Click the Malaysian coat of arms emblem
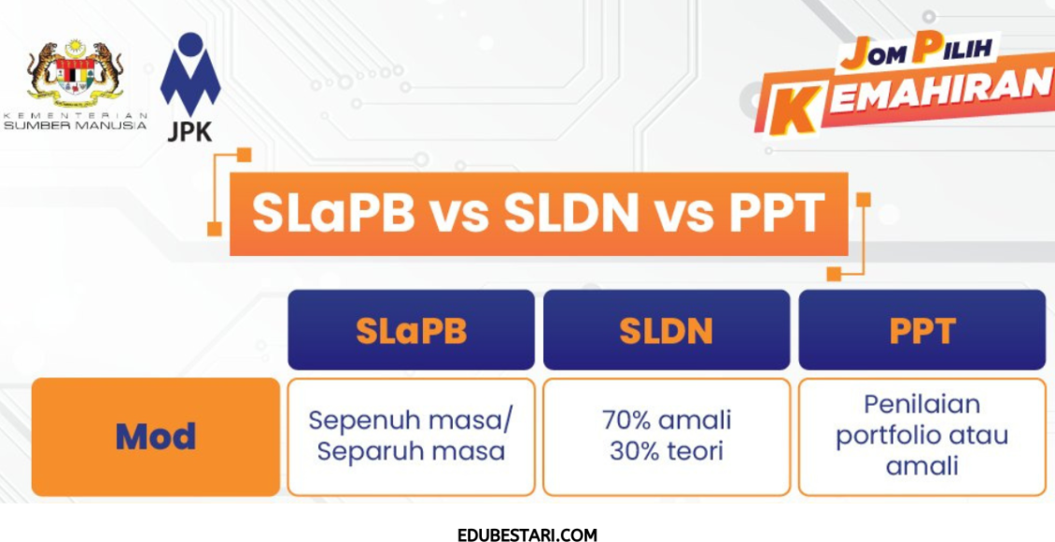pyautogui.click(x=76, y=72)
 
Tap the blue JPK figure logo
pyautogui.click(x=190, y=75)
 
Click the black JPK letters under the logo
pyautogui.click(x=190, y=132)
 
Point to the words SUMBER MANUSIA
pyautogui.click(x=76, y=124)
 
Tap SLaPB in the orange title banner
pyautogui.click(x=333, y=214)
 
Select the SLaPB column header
pyautogui.click(x=411, y=331)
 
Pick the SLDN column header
pyautogui.click(x=667, y=331)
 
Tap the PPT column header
pyautogui.click(x=921, y=331)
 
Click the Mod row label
pyautogui.click(x=156, y=436)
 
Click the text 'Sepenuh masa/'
pyautogui.click(x=411, y=420)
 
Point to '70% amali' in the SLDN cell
pyautogui.click(x=667, y=420)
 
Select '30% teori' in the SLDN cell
pyautogui.click(x=667, y=451)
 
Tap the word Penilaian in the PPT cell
pyautogui.click(x=921, y=405)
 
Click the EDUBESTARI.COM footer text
pyautogui.click(x=527, y=535)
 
